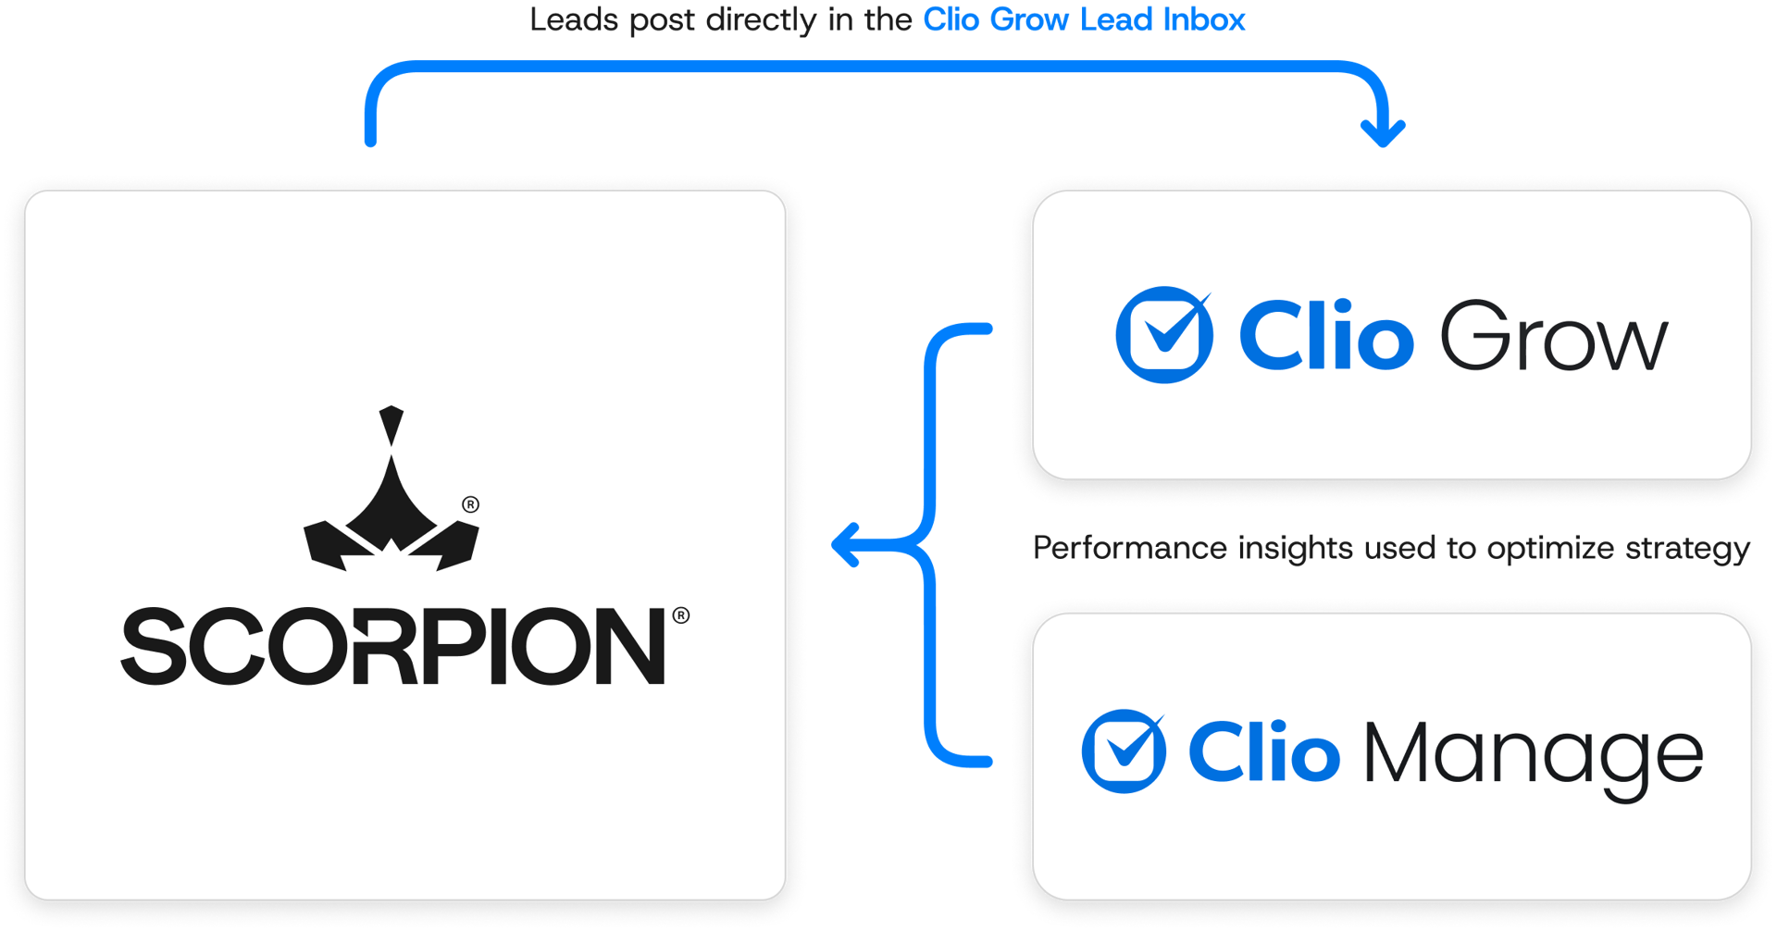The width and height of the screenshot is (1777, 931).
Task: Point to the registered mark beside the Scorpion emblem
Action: [471, 504]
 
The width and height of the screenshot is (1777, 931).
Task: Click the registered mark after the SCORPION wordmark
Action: [681, 615]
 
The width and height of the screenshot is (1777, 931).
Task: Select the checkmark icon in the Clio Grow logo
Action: [1164, 334]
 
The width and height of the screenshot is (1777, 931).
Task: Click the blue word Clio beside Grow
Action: [1325, 336]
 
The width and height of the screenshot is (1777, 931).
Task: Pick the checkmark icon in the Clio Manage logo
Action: [1124, 751]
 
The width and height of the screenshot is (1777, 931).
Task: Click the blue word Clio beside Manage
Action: [1263, 752]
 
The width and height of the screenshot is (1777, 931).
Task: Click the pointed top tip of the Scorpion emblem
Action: [391, 411]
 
